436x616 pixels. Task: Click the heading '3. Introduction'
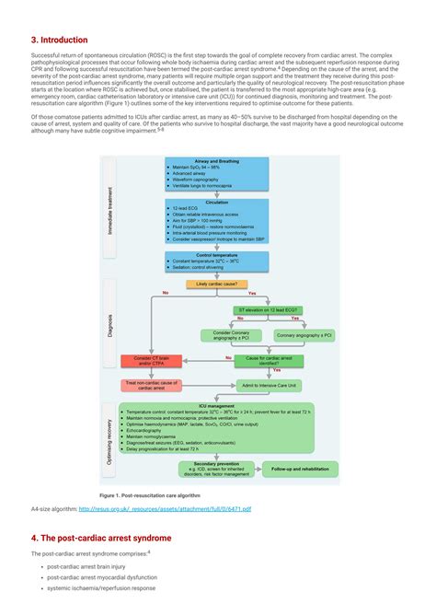click(x=60, y=41)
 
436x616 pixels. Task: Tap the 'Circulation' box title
click(x=217, y=202)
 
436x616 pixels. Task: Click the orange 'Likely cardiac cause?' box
click(x=217, y=285)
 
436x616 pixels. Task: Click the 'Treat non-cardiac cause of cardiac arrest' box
click(x=153, y=385)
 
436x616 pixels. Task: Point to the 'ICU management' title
click(x=217, y=404)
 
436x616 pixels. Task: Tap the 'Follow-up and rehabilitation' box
click(x=301, y=470)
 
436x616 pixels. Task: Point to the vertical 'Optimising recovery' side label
click(x=111, y=437)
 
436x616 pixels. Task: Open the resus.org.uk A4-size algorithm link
click(x=165, y=507)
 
